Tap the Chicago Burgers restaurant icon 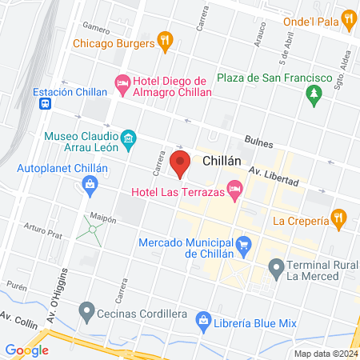tap(165, 40)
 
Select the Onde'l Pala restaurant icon tap(347, 18)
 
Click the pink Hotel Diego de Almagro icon tap(122, 82)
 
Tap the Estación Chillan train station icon tap(46, 103)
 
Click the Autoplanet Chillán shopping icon tap(90, 186)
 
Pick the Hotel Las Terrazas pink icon tap(234, 190)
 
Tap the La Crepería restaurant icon tap(339, 218)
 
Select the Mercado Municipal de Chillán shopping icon tap(245, 244)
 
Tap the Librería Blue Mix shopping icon tap(205, 322)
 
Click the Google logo tap(26, 350)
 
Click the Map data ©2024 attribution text tap(325, 354)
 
